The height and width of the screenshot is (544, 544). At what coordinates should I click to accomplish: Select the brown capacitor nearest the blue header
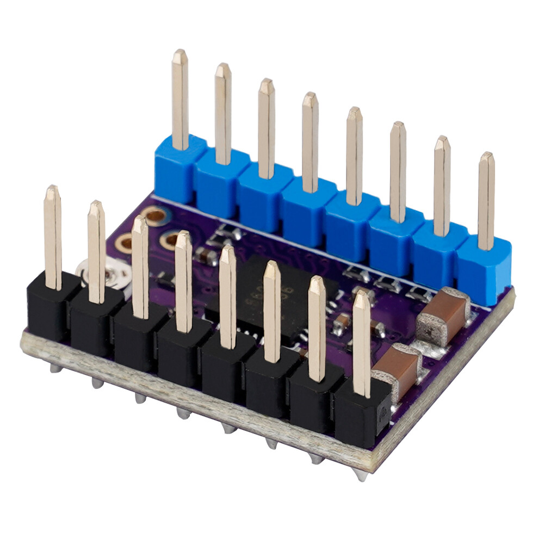(x=443, y=316)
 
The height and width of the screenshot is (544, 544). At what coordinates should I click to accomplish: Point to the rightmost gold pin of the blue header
(x=486, y=201)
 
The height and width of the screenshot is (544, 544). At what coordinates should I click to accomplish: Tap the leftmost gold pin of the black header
(x=53, y=237)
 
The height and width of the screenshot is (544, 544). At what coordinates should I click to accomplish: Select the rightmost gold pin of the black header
(x=361, y=343)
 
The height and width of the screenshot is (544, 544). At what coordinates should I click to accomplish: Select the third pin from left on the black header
(x=140, y=267)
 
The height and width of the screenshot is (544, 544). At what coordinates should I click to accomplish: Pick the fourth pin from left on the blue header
(x=310, y=141)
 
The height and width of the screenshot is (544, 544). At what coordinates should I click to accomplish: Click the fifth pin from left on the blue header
(x=354, y=155)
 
